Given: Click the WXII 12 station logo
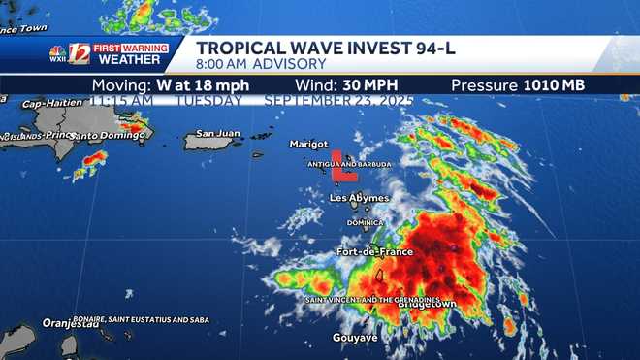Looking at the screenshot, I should pos(70,53).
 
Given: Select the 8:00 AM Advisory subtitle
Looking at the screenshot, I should pos(261,64).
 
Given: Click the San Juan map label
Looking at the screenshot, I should pos(217,133).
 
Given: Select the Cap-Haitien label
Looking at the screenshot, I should pos(49,104).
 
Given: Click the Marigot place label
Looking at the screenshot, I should pos(308,145).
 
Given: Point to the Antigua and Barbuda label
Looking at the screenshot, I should pos(349,165).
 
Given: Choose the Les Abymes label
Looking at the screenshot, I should pos(359,198).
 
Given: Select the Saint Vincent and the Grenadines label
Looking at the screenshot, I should pos(372,300).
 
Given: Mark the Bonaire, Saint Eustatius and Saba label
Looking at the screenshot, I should pos(126,318).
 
